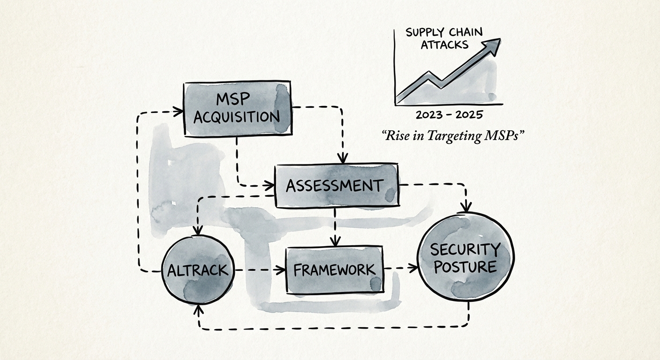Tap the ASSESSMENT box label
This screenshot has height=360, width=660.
point(334,186)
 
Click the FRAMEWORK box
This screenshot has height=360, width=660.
point(334,270)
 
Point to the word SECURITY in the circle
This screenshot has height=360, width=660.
point(465,249)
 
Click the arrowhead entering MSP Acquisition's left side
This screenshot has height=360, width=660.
point(179,112)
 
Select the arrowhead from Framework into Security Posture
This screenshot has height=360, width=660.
point(413,268)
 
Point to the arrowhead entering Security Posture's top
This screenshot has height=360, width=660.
point(466,207)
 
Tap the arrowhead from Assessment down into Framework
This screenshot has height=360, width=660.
point(335,241)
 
